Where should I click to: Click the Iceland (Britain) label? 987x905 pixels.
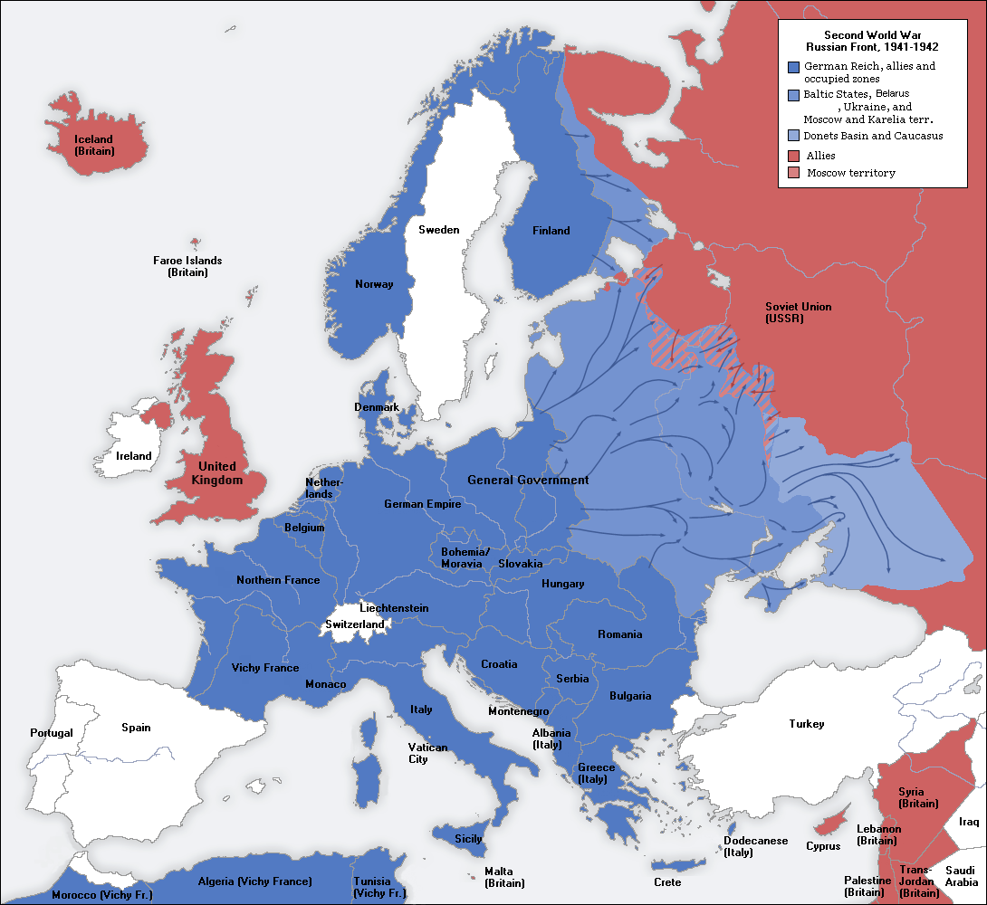pyautogui.click(x=94, y=145)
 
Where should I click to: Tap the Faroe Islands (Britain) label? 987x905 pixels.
pyautogui.click(x=187, y=266)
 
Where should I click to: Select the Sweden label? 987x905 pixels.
pyautogui.click(x=438, y=230)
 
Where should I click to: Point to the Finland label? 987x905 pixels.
pyautogui.click(x=551, y=231)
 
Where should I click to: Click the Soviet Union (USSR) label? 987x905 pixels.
pyautogui.click(x=798, y=312)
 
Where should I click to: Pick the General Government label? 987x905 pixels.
pyautogui.click(x=528, y=480)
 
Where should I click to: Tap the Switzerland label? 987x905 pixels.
pyautogui.click(x=355, y=624)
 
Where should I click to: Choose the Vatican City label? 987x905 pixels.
pyautogui.click(x=427, y=753)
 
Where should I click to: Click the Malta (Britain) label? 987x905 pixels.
pyautogui.click(x=504, y=877)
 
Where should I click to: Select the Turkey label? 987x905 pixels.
pyautogui.click(x=807, y=724)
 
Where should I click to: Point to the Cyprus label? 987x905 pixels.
pyautogui.click(x=823, y=846)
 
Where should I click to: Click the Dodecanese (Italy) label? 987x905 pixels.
pyautogui.click(x=755, y=846)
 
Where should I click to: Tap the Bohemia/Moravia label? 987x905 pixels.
pyautogui.click(x=465, y=557)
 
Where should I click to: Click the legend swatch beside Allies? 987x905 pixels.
pyautogui.click(x=793, y=156)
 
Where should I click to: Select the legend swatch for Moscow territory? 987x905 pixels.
pyautogui.click(x=793, y=173)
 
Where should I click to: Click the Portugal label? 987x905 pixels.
pyautogui.click(x=51, y=732)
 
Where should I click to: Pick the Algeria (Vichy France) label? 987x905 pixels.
pyautogui.click(x=254, y=881)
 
